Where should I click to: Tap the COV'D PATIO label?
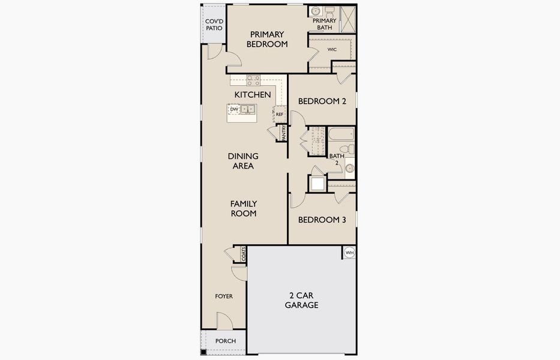click(x=214, y=24)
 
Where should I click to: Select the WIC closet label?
click(x=333, y=49)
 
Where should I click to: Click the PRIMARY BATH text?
click(x=324, y=24)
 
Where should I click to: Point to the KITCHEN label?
click(x=252, y=95)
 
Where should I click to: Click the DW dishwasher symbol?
click(x=234, y=109)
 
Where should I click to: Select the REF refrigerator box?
click(x=280, y=113)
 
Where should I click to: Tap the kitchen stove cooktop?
click(x=253, y=80)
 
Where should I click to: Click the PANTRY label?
click(x=284, y=133)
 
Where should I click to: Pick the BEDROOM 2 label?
click(x=322, y=101)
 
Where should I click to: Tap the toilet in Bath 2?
click(x=347, y=149)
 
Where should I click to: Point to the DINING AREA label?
click(x=243, y=161)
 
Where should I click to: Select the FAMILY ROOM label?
click(x=243, y=208)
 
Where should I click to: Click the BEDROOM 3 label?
click(x=322, y=220)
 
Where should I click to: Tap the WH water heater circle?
click(x=349, y=253)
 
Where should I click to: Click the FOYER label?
click(x=224, y=296)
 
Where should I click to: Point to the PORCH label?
click(x=225, y=341)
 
